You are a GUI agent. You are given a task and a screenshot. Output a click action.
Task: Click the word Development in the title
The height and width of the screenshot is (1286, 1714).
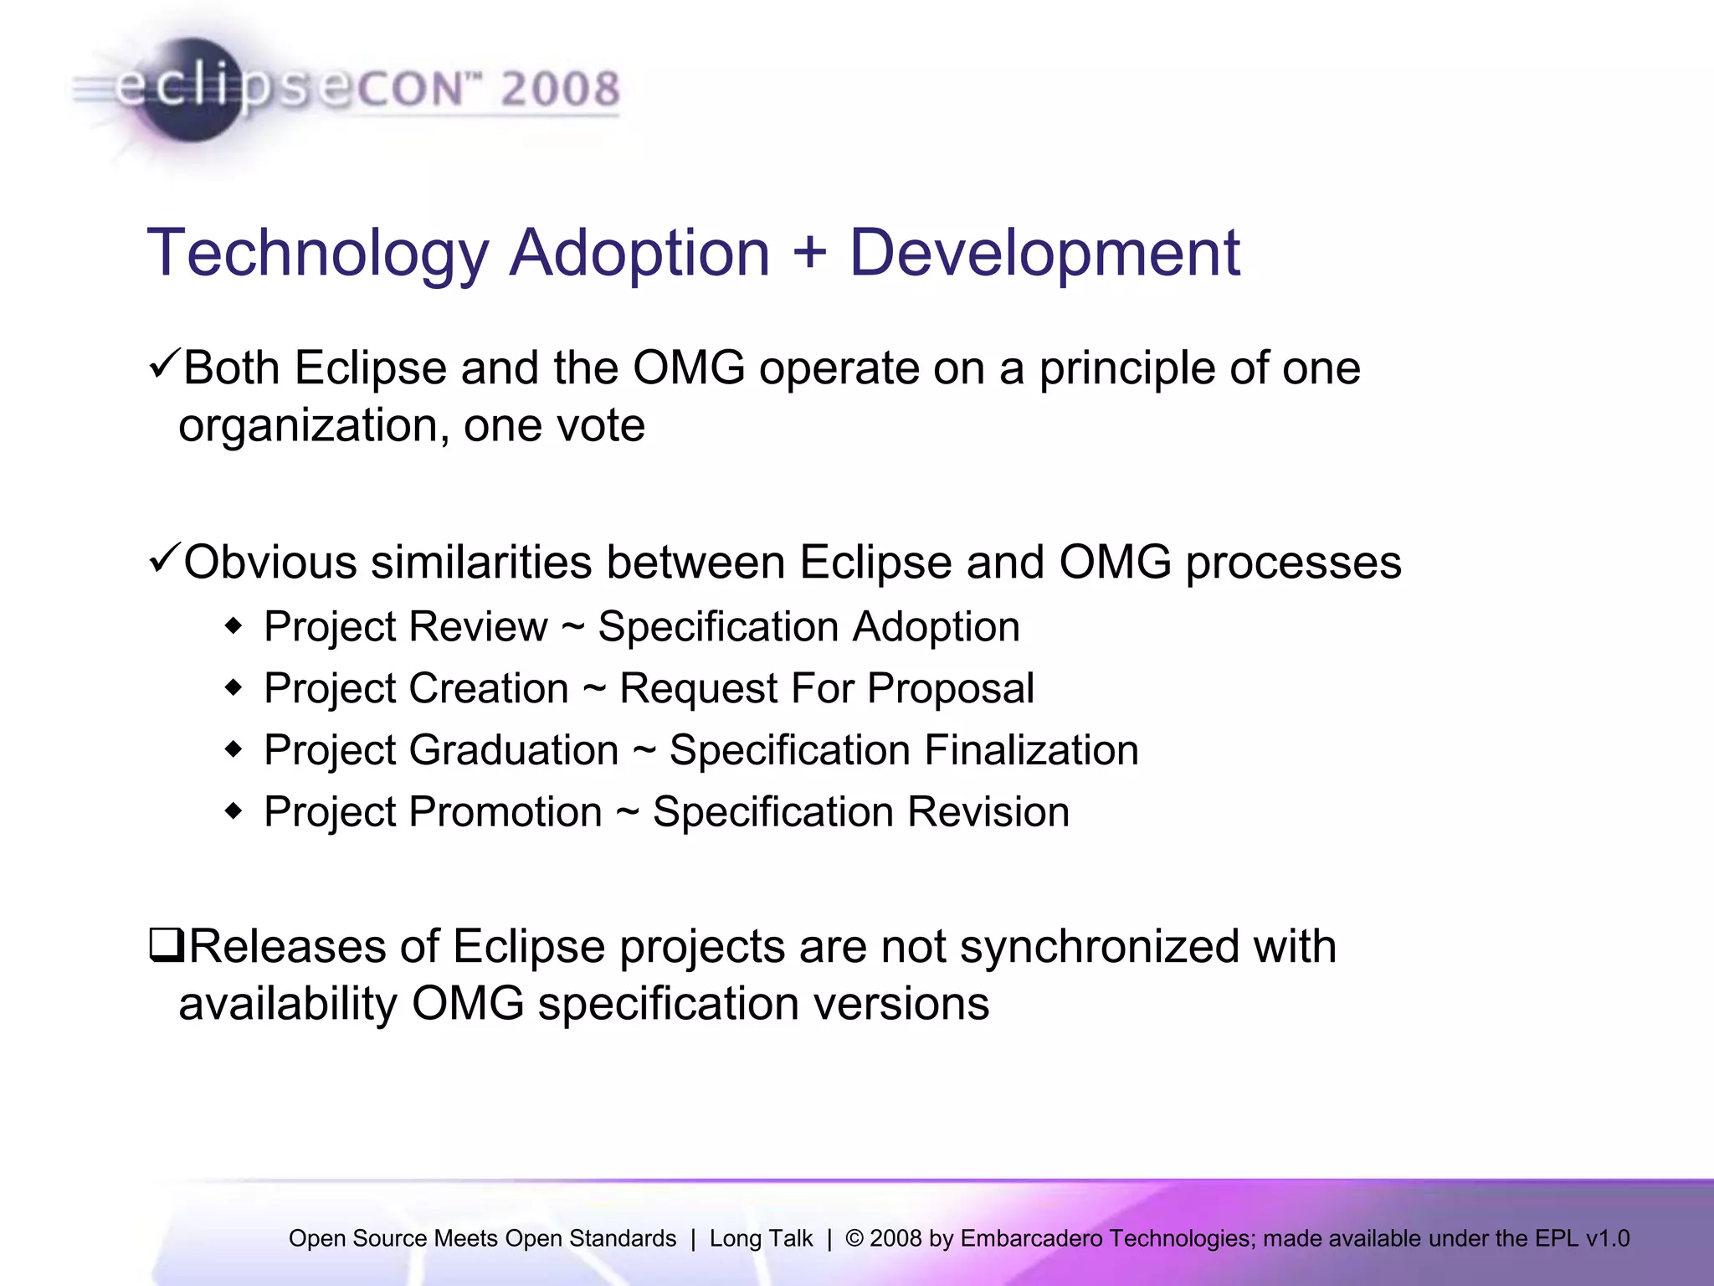point(1044,252)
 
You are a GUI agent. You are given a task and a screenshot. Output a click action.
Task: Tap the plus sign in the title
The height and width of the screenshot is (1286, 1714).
point(808,254)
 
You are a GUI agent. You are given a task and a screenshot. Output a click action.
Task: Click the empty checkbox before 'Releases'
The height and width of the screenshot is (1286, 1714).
point(167,945)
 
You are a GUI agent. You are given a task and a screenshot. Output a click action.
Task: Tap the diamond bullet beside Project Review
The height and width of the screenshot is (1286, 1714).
point(233,626)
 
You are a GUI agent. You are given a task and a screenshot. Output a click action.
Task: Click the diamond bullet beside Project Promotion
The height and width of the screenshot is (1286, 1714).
point(233,811)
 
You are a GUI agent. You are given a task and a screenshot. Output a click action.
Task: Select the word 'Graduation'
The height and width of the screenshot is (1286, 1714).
point(514,750)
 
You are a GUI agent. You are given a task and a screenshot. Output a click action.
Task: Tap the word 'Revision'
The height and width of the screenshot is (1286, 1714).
point(988,811)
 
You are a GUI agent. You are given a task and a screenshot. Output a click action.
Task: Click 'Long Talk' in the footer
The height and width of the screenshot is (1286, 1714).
point(761,1238)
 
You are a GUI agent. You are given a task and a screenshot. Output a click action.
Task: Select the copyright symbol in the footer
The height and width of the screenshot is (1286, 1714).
point(854,1238)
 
